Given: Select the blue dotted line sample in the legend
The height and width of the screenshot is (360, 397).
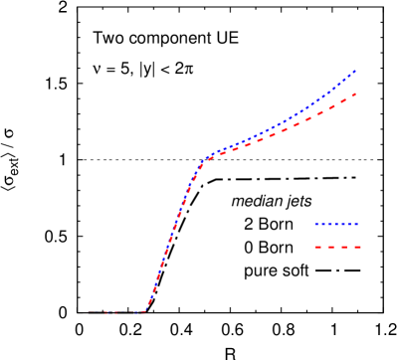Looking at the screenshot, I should coord(336,224).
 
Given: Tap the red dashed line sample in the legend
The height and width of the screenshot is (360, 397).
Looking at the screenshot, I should coord(336,247).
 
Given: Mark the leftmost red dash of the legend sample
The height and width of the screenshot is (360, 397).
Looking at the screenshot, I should coord(317,247).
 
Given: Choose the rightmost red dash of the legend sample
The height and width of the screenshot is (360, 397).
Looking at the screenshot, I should coord(356,247).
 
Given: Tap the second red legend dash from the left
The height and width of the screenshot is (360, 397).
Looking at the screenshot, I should coord(330,247).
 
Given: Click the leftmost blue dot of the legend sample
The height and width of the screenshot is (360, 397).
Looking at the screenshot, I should coord(315,224).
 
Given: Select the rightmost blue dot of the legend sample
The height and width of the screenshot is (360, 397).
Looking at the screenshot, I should coord(356,224).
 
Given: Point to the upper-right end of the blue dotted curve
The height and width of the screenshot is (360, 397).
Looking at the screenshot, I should coord(355,71).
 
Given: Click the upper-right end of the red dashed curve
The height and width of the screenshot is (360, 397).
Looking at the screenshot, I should coord(355,94).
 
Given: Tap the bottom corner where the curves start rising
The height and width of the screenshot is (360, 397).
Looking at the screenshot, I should coord(145,311).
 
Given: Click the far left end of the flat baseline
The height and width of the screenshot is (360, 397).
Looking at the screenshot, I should coord(89,312).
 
